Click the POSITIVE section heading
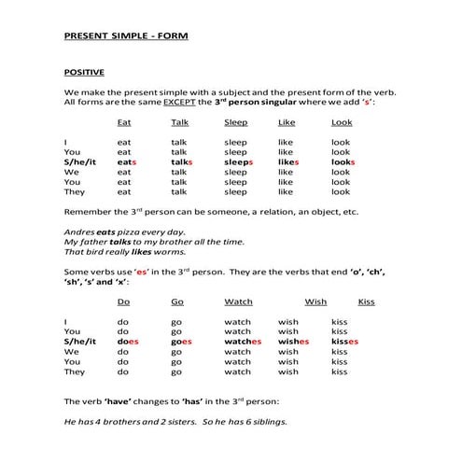point(83,71)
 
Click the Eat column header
point(124,122)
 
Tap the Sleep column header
point(236,122)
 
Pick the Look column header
point(342,122)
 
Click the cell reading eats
point(127,161)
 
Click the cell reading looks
point(343,161)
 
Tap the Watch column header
point(238,302)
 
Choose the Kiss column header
point(366,302)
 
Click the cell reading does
point(128,342)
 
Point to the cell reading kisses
point(344,342)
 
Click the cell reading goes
point(181,342)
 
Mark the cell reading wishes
point(293,342)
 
